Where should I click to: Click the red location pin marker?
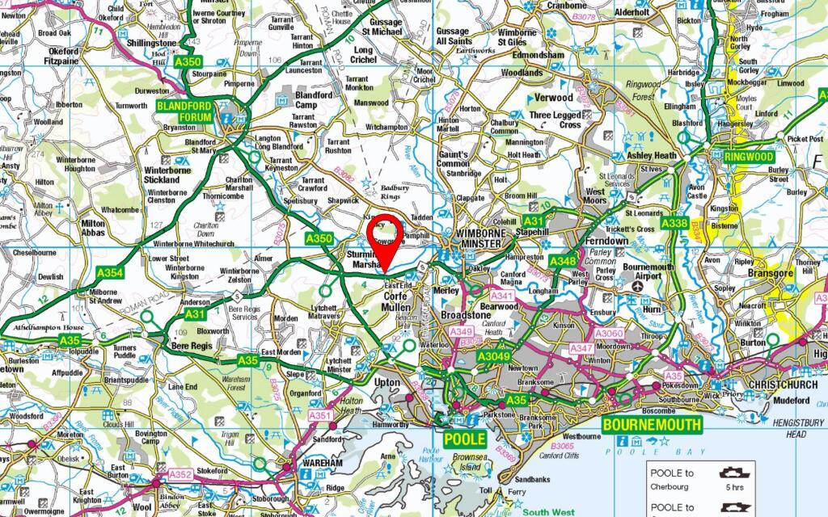point(386,237)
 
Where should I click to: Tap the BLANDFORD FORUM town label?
point(184,111)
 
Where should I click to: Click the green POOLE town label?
point(466,439)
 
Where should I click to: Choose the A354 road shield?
point(110,273)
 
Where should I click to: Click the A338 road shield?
point(674,223)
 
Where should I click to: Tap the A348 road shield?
point(563,261)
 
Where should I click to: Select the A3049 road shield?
point(493,356)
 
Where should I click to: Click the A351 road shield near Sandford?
point(321,416)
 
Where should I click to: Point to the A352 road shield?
point(180,474)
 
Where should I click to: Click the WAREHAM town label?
point(323,463)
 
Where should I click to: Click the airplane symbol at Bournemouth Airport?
point(638,286)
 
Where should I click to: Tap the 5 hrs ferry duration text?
point(735,488)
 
